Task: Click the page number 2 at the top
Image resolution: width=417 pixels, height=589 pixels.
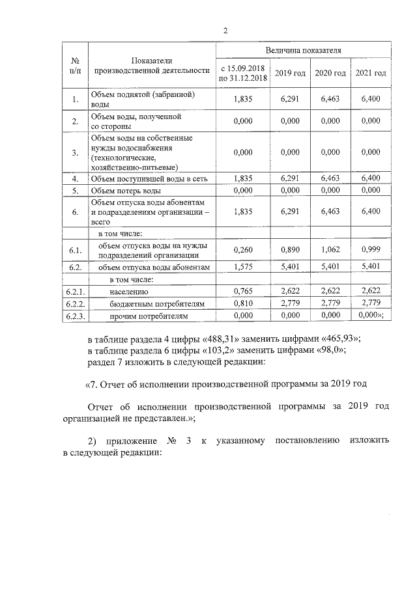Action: click(x=225, y=30)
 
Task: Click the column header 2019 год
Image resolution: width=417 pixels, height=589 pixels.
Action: click(x=291, y=73)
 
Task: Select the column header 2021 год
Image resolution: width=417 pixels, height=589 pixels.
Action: click(x=371, y=73)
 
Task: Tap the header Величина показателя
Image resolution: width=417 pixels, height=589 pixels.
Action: click(x=304, y=49)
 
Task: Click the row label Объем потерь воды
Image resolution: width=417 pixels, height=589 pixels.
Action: click(x=126, y=191)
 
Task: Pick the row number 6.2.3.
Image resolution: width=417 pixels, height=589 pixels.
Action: click(x=76, y=316)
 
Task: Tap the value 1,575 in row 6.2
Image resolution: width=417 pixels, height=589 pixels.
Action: click(x=242, y=267)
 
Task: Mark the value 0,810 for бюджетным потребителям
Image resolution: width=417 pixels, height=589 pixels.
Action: click(x=242, y=303)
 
